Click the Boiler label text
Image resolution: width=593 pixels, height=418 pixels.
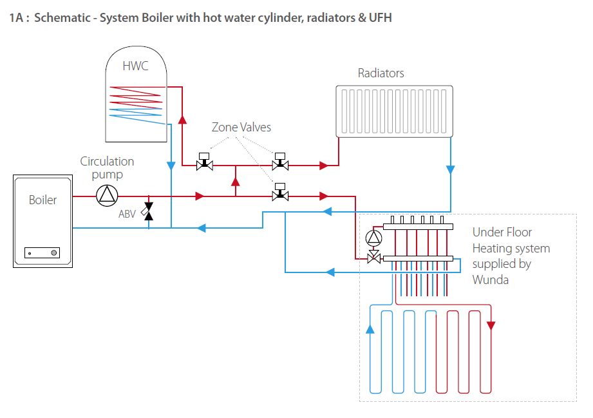[42, 200]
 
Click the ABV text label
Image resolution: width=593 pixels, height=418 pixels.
[127, 214]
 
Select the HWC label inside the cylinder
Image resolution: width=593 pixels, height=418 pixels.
[135, 66]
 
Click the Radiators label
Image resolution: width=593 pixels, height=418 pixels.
[381, 73]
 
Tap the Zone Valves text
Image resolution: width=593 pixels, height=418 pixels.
[241, 128]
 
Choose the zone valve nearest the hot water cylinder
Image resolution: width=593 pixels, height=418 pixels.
[205, 162]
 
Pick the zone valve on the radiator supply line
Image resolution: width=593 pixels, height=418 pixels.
[280, 162]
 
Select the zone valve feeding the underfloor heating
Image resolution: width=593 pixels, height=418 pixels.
[280, 193]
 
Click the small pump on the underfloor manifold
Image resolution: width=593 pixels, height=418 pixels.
[373, 238]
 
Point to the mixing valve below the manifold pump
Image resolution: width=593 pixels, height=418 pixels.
[373, 258]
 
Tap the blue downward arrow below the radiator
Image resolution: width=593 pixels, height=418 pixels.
[450, 170]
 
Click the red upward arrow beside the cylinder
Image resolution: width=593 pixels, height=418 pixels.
[182, 120]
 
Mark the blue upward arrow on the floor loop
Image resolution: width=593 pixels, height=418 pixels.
[370, 329]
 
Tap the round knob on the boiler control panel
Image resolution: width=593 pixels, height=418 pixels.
[53, 253]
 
